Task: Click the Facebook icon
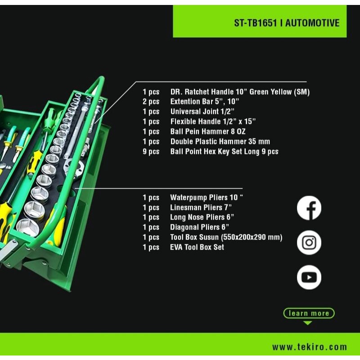tap(309, 208)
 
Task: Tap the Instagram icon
tap(309, 243)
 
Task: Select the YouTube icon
tap(309, 277)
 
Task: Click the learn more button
tap(309, 313)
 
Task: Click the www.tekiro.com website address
tap(310, 346)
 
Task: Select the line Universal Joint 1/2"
tap(202, 112)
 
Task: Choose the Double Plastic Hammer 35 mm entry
tap(220, 141)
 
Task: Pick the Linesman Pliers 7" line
tap(201, 207)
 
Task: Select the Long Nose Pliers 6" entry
tap(202, 217)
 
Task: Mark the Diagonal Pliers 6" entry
tap(200, 227)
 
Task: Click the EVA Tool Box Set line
tap(197, 247)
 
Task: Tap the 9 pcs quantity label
tap(151, 151)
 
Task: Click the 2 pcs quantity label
tap(151, 102)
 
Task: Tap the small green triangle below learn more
tap(307, 323)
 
